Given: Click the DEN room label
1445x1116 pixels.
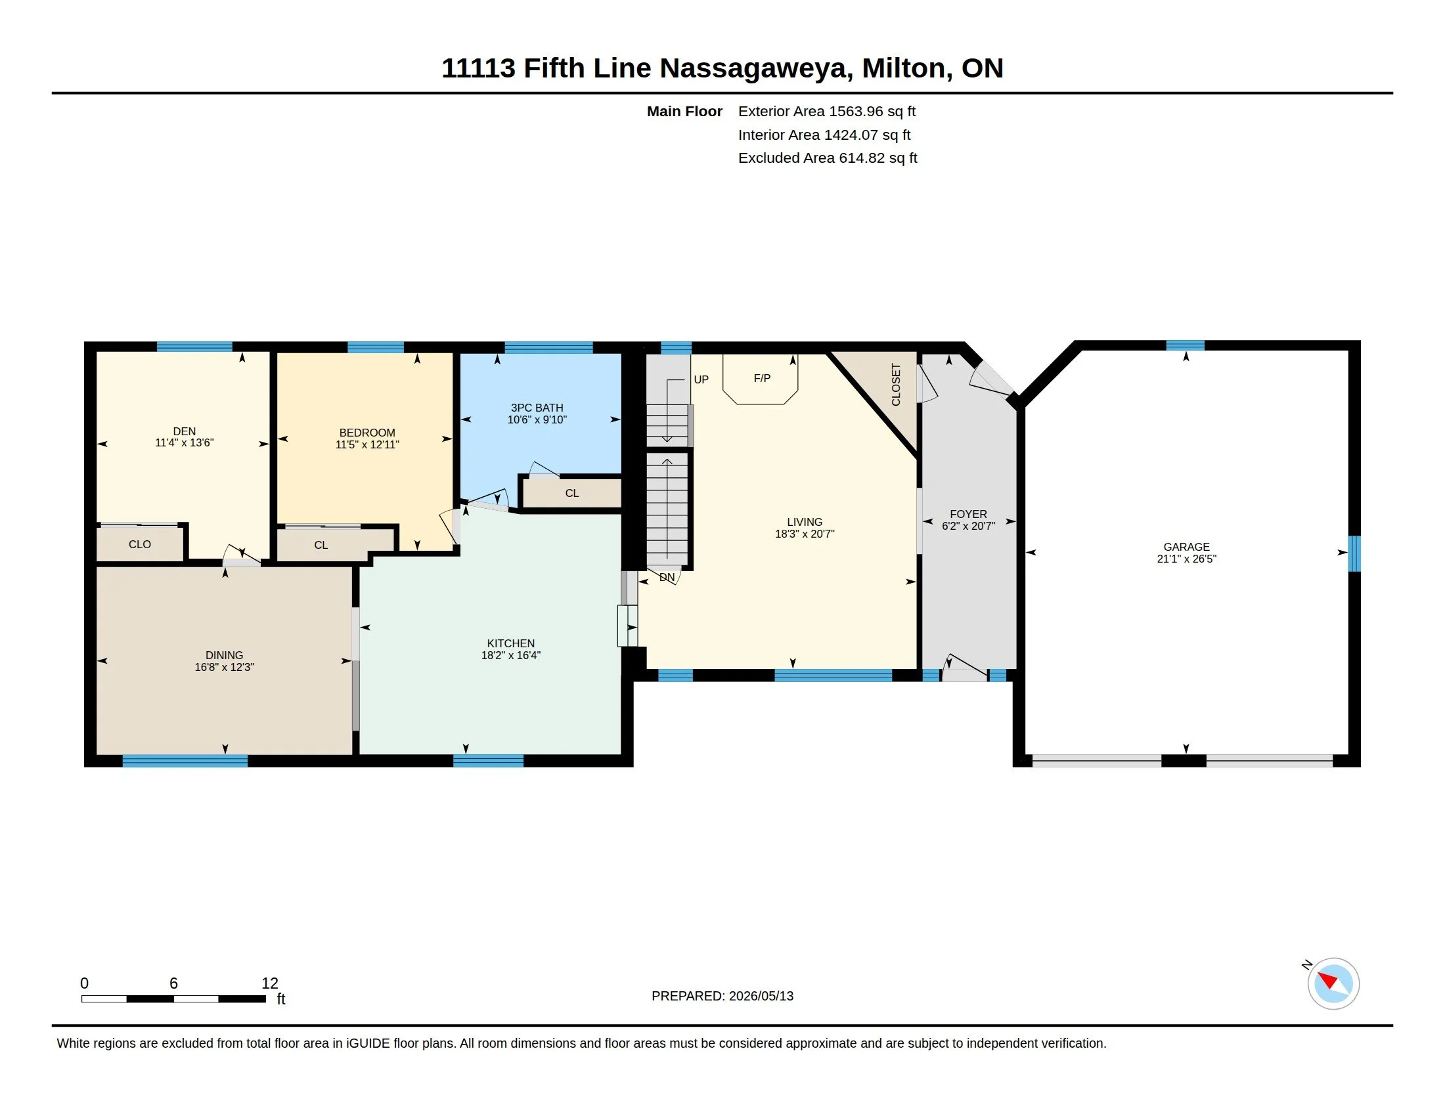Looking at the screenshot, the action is tap(184, 431).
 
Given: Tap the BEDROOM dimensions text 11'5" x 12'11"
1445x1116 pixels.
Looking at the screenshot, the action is tap(367, 444).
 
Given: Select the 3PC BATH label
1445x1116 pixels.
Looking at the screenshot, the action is tap(537, 408).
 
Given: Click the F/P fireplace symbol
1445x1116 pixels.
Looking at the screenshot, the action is tap(761, 379).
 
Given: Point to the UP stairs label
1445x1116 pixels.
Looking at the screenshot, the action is tap(701, 379).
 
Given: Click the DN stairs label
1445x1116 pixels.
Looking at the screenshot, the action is tap(667, 577).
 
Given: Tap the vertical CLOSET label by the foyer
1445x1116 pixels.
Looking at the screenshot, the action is tap(896, 385).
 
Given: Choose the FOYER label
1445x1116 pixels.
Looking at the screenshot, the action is tap(968, 514).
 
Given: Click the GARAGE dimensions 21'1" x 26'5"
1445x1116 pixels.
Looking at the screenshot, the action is tap(1186, 559).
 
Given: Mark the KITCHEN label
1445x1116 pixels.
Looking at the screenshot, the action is tap(511, 643).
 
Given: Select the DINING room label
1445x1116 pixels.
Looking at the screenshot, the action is tap(224, 655).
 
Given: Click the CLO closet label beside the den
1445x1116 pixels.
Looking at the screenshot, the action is tap(140, 544).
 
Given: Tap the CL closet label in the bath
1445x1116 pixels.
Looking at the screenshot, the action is tap(571, 493).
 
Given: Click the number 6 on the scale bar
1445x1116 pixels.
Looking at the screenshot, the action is tap(173, 983).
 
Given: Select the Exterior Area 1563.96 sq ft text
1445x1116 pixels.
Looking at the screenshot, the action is tap(826, 111).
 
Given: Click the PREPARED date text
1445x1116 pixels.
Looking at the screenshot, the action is tap(722, 996).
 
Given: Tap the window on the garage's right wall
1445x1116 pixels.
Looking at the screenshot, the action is tap(1354, 553).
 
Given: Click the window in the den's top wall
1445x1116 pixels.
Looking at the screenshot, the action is tap(194, 347).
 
